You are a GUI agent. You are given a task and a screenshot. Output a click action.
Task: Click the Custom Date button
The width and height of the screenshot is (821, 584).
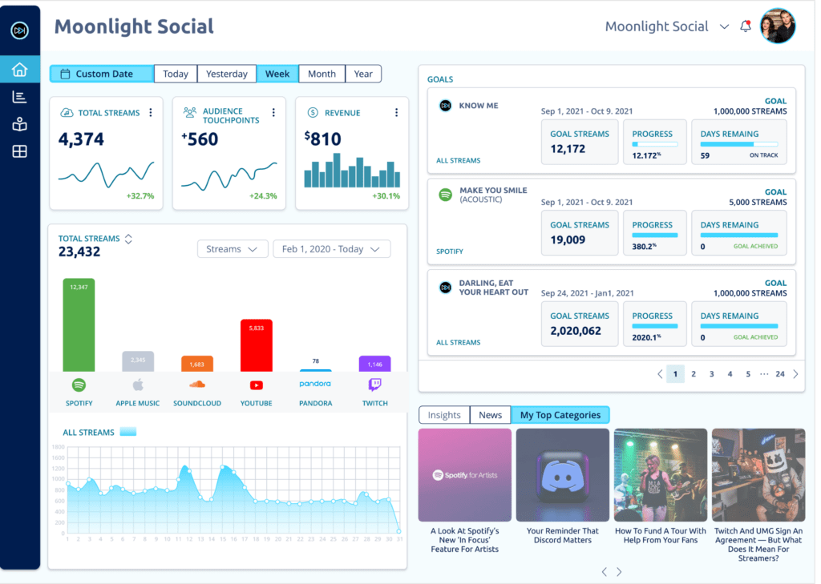click(102, 74)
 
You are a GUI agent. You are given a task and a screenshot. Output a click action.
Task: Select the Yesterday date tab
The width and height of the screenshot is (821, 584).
click(226, 74)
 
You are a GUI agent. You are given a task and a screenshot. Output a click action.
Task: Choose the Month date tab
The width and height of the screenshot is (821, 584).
click(322, 74)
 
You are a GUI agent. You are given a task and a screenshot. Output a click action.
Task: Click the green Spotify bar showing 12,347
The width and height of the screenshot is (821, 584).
click(79, 324)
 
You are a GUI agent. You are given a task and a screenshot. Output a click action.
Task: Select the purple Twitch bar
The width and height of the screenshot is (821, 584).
click(374, 363)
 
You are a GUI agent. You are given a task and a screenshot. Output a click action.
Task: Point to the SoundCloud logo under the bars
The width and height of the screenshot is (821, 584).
click(197, 385)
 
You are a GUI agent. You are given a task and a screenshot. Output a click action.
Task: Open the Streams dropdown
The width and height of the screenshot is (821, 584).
click(232, 249)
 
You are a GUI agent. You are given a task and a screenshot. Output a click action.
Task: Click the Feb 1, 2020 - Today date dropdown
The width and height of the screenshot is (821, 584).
click(331, 249)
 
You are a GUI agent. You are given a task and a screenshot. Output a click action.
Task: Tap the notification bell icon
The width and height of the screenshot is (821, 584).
click(746, 26)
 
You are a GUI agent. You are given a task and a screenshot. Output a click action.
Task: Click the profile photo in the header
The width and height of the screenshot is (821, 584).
click(777, 26)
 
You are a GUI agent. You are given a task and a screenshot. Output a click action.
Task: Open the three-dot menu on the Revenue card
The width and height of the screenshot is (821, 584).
click(396, 113)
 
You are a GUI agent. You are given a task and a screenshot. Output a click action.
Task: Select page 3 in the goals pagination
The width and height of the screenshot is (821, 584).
click(711, 373)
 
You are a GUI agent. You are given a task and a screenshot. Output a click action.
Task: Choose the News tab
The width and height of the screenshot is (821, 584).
click(490, 415)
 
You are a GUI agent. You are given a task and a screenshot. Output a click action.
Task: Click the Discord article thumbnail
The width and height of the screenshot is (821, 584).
click(562, 475)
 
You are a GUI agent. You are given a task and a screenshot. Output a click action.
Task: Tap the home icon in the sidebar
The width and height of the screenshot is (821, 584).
click(20, 70)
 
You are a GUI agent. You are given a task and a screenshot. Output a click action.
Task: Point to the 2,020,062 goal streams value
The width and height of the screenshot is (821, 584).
click(575, 330)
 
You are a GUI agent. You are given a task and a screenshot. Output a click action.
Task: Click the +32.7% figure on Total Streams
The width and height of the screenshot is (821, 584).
click(140, 196)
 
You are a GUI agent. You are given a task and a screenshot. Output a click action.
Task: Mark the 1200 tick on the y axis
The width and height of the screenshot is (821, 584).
click(57, 469)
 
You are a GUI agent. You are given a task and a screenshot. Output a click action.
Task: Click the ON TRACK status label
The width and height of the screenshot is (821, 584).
click(763, 155)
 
